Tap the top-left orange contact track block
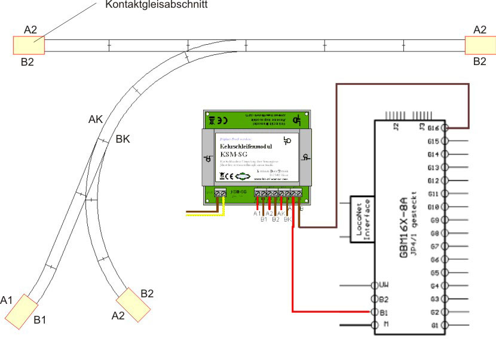29,45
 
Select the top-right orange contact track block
480,45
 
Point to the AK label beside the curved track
96,119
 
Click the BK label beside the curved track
123,139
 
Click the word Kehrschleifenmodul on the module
246,146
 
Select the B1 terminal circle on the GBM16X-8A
375,312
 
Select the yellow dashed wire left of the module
203,214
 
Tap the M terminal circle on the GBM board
375,325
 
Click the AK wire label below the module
280,213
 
